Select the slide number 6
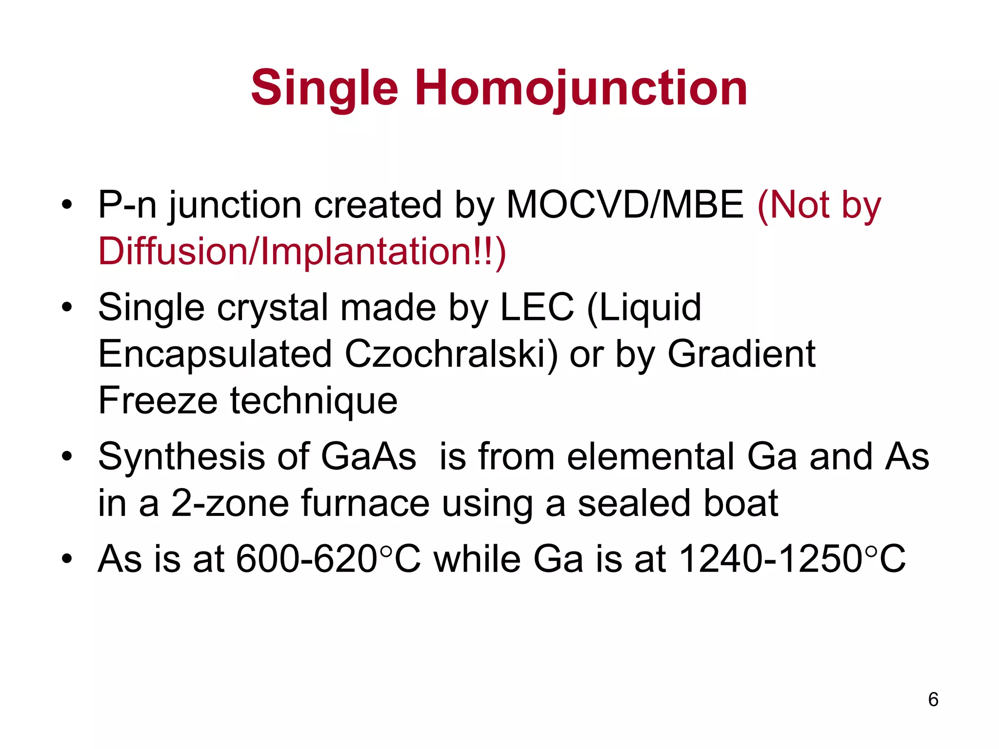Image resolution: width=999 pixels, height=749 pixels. pos(933,699)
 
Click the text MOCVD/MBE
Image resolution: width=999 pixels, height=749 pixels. pos(625,205)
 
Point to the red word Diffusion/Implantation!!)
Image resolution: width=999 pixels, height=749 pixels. pos(302,251)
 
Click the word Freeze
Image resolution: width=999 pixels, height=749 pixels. pos(158,400)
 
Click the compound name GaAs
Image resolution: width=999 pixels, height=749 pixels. pos(368,456)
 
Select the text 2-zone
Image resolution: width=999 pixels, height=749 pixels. pos(230,503)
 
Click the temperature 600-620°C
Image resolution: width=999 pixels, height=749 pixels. pos(328,559)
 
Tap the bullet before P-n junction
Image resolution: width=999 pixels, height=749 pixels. pos(67,205)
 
